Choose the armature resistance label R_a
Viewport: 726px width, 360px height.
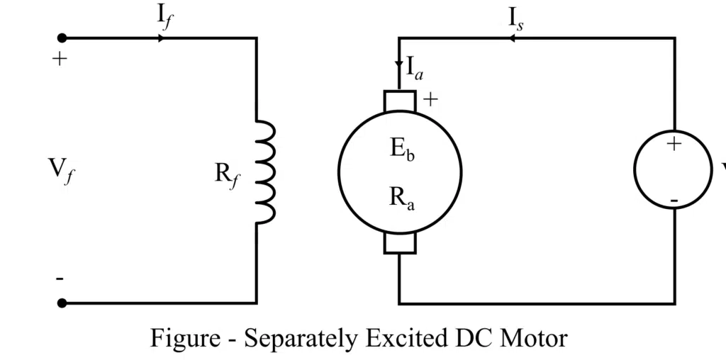401,198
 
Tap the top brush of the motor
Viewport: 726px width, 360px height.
400,101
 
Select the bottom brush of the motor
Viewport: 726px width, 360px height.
400,243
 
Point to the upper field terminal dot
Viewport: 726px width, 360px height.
62,38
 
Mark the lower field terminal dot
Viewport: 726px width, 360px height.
62,303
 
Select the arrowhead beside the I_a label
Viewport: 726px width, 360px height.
399,64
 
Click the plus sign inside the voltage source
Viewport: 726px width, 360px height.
674,145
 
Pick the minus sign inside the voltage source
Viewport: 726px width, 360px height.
674,202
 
